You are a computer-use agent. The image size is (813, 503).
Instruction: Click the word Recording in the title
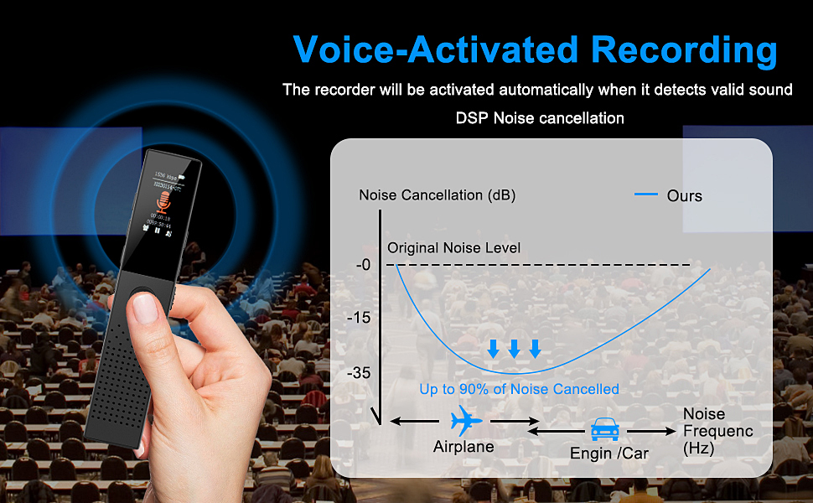[684, 49]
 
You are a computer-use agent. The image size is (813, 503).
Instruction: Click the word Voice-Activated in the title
[437, 49]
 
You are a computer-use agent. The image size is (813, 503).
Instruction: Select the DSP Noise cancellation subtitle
[540, 118]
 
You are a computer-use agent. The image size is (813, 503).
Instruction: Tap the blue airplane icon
[466, 419]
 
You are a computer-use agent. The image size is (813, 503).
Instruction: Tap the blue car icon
[605, 429]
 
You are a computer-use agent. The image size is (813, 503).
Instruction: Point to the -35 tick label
[360, 373]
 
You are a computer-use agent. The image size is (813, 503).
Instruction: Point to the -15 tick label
[360, 318]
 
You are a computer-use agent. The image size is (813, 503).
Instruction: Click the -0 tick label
[362, 265]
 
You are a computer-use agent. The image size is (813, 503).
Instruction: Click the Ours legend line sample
[646, 194]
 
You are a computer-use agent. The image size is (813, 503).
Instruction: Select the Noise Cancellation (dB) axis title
[437, 195]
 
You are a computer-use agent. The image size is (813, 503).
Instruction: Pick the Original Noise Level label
[453, 248]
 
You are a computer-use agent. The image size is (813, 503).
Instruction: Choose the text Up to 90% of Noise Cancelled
[519, 389]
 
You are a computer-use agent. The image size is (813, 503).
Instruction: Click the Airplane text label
[463, 447]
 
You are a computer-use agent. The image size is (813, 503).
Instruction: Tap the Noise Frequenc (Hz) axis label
[717, 431]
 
